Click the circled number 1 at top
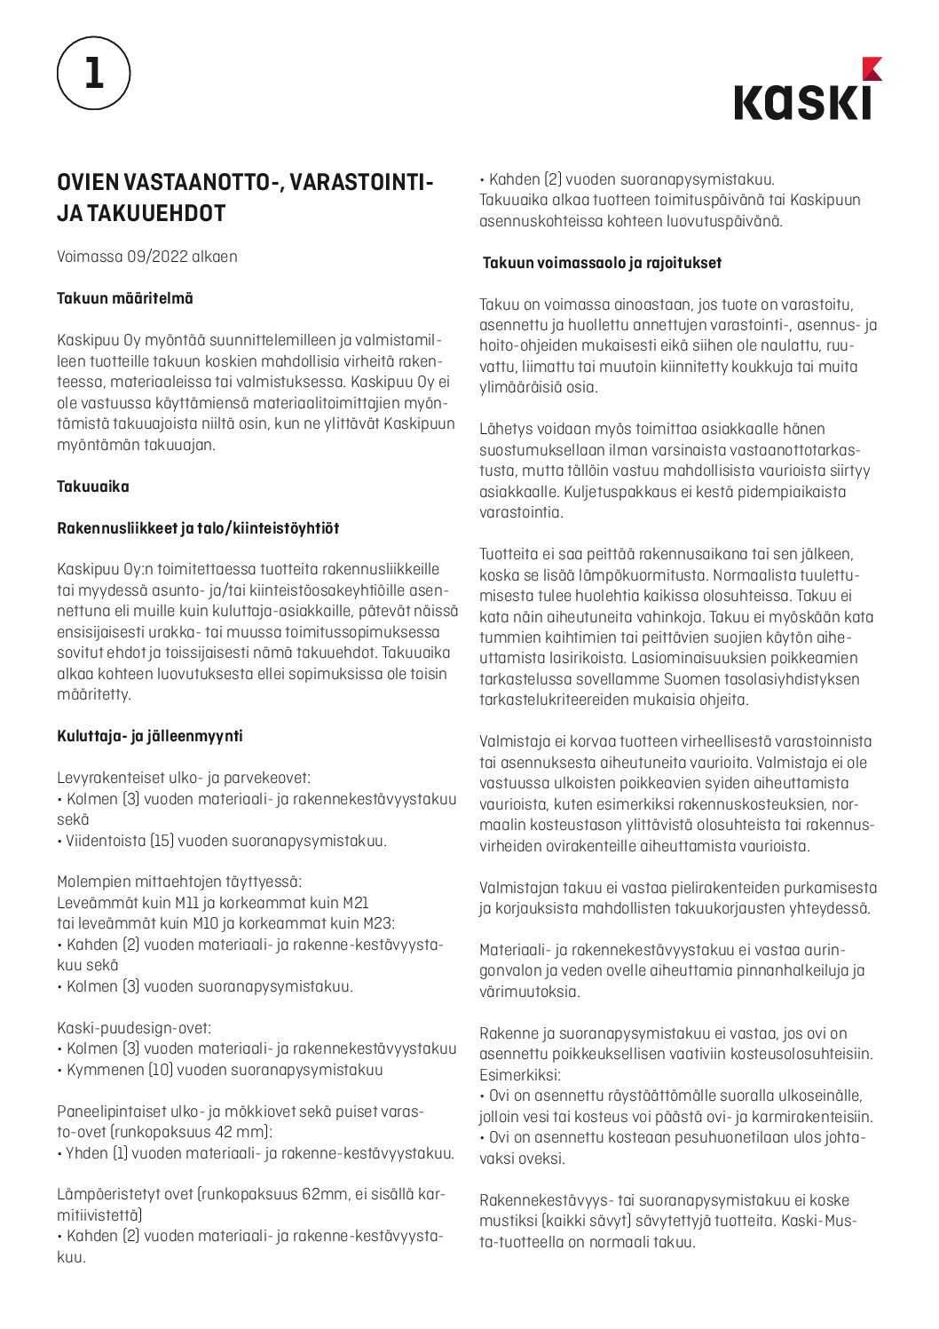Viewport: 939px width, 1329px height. [93, 73]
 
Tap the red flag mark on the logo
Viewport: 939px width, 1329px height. [872, 68]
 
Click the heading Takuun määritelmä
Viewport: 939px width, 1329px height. [124, 298]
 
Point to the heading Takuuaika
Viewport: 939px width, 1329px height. [93, 487]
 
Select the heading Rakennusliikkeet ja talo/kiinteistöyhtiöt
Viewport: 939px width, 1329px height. [198, 528]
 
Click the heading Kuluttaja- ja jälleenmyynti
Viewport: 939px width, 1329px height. [150, 736]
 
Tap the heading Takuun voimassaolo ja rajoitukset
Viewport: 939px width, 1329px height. [602, 263]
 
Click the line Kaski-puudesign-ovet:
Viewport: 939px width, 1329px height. [134, 1028]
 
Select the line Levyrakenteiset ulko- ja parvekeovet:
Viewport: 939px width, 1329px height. [184, 778]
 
